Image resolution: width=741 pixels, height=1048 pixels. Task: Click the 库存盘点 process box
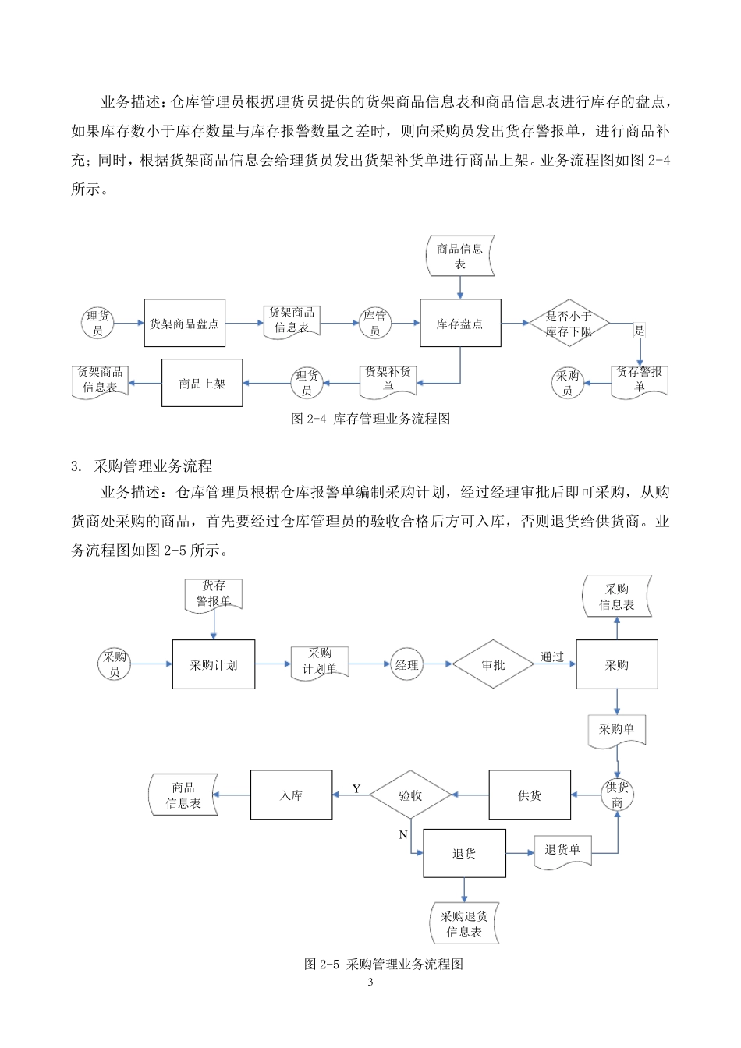point(460,323)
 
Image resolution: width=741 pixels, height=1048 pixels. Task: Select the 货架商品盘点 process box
point(185,323)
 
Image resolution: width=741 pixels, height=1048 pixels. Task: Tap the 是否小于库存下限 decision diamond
point(569,324)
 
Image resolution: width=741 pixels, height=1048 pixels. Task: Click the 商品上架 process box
point(202,383)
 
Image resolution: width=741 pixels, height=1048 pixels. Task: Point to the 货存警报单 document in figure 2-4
point(640,380)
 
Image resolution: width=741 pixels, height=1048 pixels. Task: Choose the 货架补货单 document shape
point(388,380)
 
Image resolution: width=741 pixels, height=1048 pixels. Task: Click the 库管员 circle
point(375,324)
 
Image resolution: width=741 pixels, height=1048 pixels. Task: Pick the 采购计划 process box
point(214,665)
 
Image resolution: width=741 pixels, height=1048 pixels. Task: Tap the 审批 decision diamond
point(493,665)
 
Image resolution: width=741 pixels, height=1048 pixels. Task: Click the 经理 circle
point(406,665)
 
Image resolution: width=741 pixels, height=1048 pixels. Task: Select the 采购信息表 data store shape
point(617,597)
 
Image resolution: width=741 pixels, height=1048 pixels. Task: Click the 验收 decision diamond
point(410,795)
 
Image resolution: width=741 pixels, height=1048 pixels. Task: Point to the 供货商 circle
point(617,795)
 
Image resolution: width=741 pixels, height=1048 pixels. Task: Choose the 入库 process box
point(291,795)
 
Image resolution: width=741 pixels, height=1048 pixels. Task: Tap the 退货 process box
point(464,854)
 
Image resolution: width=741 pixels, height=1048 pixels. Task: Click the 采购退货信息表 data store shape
point(464,924)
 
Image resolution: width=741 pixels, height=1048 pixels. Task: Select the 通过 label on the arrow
point(552,657)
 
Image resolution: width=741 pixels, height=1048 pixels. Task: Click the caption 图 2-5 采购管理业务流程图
point(384,965)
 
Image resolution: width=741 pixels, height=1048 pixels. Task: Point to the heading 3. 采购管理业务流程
point(141,466)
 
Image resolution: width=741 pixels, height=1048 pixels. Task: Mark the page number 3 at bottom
point(370,982)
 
